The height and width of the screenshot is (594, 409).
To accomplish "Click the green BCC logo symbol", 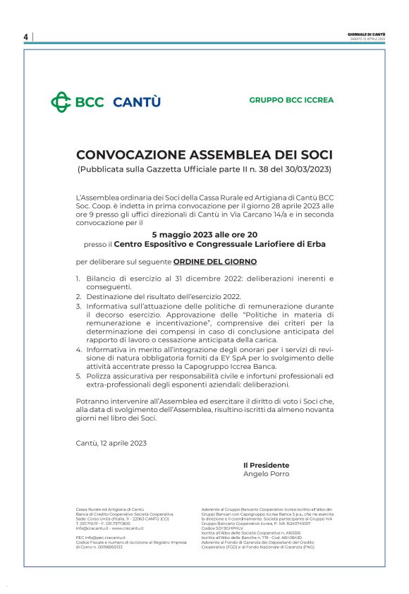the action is pyautogui.click(x=61, y=102).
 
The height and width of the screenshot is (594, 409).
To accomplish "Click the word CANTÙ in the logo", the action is pyautogui.click(x=137, y=102).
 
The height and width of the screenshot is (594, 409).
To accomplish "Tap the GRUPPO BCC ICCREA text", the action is pyautogui.click(x=291, y=100).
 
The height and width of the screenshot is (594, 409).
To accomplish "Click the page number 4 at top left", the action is pyautogui.click(x=25, y=37).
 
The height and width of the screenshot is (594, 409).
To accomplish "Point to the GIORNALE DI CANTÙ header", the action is pyautogui.click(x=366, y=33).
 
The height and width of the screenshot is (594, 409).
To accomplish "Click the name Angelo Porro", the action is pyautogui.click(x=266, y=474).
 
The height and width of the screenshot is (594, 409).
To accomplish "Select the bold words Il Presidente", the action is pyautogui.click(x=266, y=465).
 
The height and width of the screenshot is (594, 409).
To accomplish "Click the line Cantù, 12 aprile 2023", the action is pyautogui.click(x=111, y=442).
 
